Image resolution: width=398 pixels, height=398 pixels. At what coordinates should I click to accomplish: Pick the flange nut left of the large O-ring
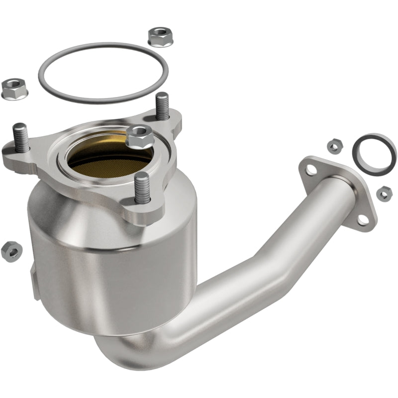tap(14, 88)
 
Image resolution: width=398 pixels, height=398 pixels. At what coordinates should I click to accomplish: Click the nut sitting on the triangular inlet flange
tap(139, 136)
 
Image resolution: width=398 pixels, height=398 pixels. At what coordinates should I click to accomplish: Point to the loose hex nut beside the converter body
tap(11, 251)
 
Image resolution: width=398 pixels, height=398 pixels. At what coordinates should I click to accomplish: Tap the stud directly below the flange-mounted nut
tap(141, 187)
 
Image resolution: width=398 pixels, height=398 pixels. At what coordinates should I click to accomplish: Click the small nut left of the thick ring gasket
tap(333, 145)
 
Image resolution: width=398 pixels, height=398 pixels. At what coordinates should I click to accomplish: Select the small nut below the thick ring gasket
tap(384, 194)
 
